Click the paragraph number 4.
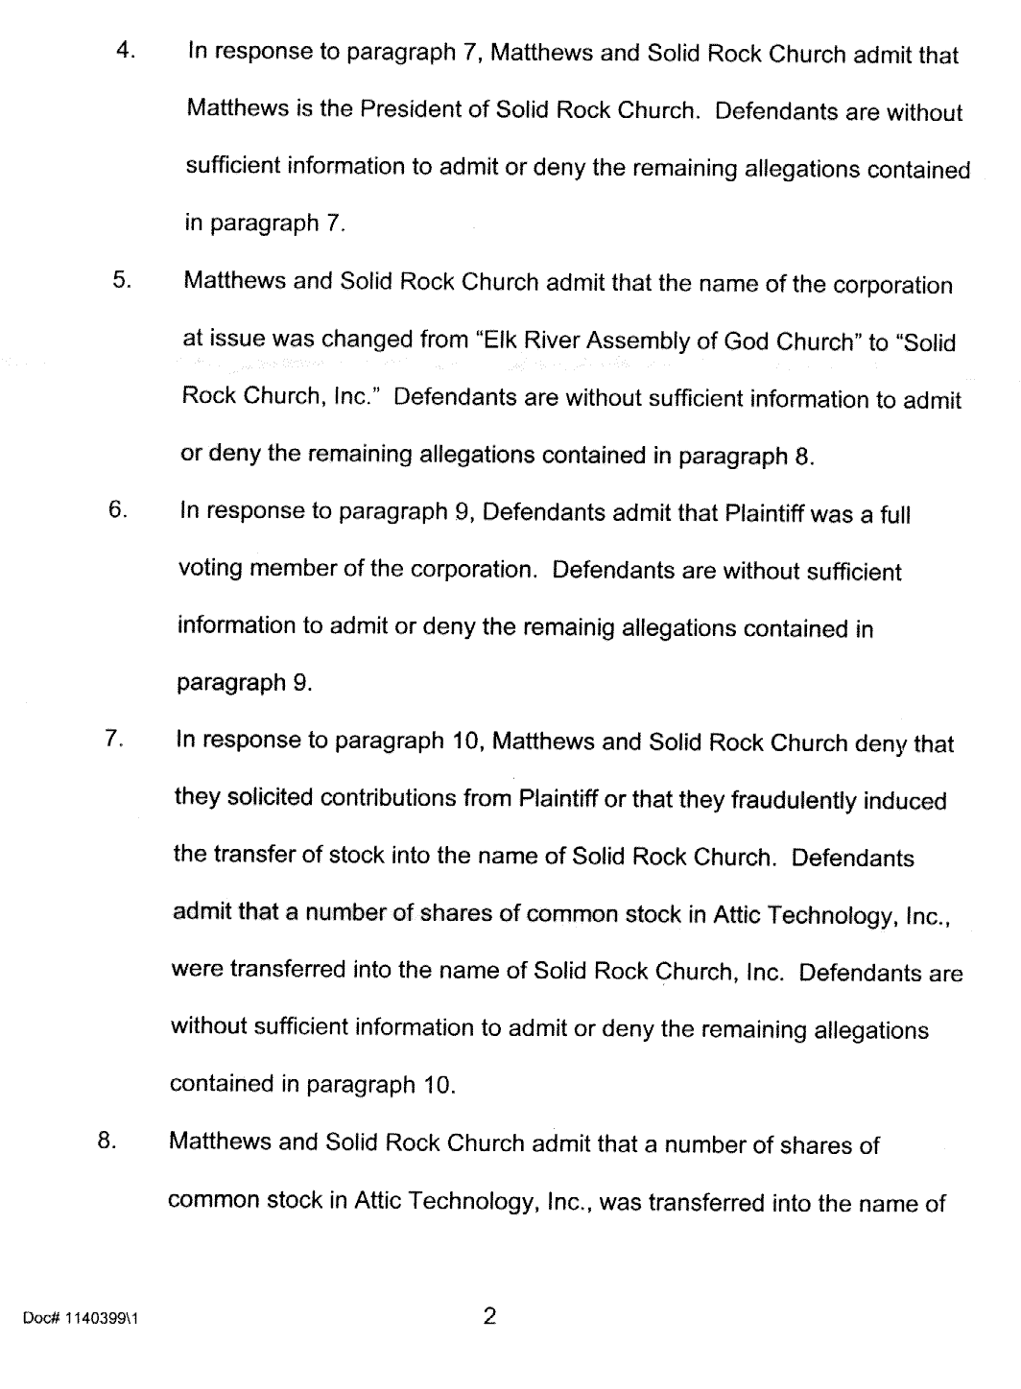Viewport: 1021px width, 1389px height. (x=123, y=51)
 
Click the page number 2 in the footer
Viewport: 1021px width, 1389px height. (x=489, y=1316)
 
